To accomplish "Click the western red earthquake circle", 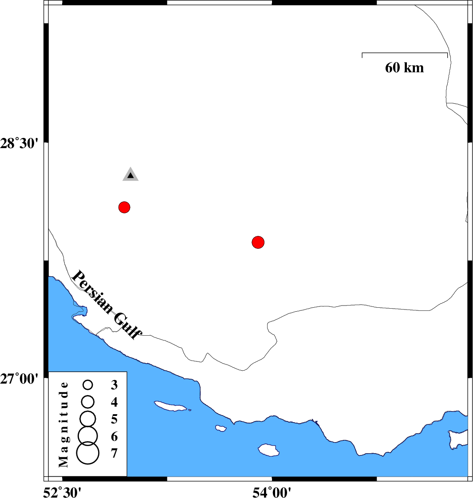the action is (x=124, y=208).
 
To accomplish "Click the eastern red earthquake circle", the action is (x=258, y=242).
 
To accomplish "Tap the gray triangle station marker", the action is (x=130, y=174).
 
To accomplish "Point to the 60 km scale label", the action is (x=404, y=68).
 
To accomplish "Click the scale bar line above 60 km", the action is (x=405, y=53).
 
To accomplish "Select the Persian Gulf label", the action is (x=106, y=305).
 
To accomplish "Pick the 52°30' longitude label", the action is (x=62, y=492).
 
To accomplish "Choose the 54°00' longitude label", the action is (x=272, y=492).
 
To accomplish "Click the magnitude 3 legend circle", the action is (x=88, y=385).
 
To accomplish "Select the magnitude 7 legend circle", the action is (x=88, y=453).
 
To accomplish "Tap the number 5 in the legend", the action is (x=114, y=419).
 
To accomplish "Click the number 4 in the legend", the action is (x=114, y=402).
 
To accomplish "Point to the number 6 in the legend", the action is (x=114, y=437).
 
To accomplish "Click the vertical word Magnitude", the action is (x=63, y=425).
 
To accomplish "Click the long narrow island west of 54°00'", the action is (x=171, y=406).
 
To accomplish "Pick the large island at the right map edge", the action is (x=458, y=439).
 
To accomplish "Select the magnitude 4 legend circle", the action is (x=88, y=402).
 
